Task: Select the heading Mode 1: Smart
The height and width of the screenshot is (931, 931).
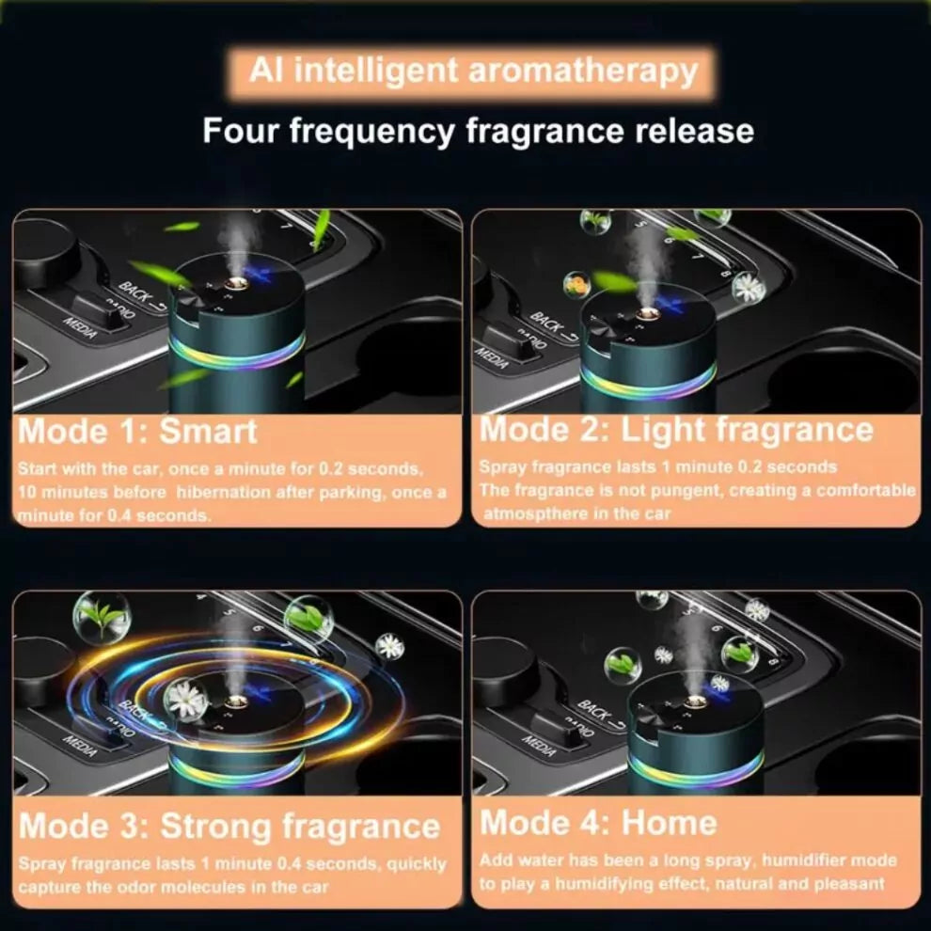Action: (137, 432)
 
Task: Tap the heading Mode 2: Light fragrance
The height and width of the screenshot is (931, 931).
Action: (676, 430)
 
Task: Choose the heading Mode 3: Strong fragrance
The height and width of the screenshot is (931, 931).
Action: (229, 827)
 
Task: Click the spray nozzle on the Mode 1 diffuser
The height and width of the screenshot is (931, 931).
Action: (236, 279)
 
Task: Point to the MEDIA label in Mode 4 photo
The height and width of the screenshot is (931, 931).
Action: (540, 746)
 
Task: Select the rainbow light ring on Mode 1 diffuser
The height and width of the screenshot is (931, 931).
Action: (236, 353)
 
